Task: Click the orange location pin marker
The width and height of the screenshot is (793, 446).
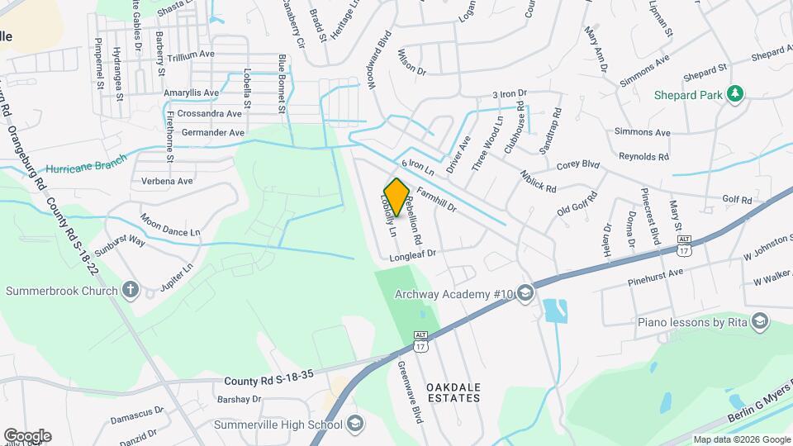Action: coord(396,197)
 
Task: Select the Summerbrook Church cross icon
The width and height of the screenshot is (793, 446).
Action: coord(131,290)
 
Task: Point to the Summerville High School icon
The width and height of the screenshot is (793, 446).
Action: coord(355,425)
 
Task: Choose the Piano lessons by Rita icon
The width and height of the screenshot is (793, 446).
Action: coord(760,321)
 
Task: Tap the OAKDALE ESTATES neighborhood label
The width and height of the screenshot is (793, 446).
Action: coord(453,392)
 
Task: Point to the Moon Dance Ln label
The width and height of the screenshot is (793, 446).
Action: coord(170,226)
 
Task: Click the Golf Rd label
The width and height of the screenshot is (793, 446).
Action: coord(737,200)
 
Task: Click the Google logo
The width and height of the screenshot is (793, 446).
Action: coord(27,435)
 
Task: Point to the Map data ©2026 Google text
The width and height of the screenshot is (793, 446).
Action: coord(740,439)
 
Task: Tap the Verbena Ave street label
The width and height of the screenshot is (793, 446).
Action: coord(166,181)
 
